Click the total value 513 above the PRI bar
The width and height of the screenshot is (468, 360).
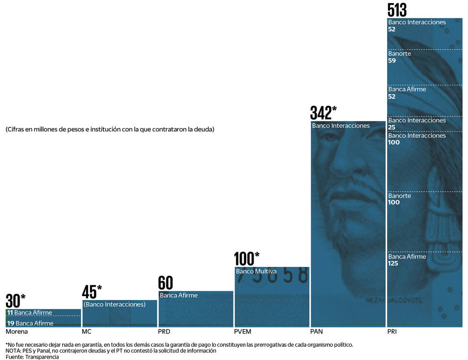click(397, 10)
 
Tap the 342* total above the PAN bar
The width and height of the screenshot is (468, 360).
click(323, 112)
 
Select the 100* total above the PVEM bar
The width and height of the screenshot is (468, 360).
click(246, 259)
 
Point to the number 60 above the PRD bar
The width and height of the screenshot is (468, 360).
click(165, 283)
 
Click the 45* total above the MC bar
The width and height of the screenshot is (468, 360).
click(91, 292)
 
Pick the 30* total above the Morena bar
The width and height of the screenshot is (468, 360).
click(15, 301)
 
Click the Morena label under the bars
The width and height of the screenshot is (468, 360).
click(16, 332)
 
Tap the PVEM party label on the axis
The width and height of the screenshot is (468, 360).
click(242, 332)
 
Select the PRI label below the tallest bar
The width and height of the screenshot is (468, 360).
click(392, 332)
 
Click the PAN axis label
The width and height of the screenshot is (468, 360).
click(316, 332)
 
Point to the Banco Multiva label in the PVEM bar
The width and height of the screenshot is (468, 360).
click(256, 271)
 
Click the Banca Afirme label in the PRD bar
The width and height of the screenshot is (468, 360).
click(179, 296)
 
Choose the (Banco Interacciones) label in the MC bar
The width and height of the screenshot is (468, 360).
click(114, 304)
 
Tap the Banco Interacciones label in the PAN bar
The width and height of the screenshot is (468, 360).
click(340, 126)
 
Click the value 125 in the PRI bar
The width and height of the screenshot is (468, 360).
click(393, 264)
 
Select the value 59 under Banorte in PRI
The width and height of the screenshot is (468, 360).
click(392, 61)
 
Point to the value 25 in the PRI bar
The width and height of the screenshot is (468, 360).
click(392, 127)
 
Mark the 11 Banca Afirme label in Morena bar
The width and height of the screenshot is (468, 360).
click(30, 313)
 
